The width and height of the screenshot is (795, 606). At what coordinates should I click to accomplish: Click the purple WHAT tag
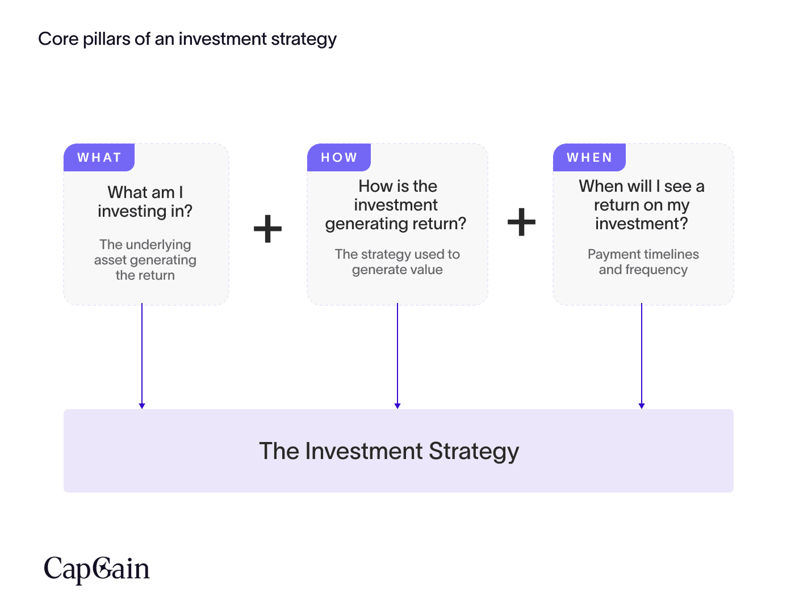click(99, 157)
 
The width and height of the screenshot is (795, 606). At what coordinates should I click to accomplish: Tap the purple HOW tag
click(338, 157)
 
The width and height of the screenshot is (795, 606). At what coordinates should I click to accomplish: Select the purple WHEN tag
click(589, 157)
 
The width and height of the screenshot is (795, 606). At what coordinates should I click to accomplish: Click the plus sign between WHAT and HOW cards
click(267, 229)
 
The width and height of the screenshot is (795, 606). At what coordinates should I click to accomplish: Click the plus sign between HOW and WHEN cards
click(521, 222)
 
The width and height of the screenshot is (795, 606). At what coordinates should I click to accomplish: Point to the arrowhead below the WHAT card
click(142, 406)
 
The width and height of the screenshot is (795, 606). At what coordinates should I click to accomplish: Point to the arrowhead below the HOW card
click(397, 406)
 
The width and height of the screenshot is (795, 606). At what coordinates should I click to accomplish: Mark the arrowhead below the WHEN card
click(642, 406)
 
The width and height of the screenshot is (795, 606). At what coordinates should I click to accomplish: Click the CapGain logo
click(97, 569)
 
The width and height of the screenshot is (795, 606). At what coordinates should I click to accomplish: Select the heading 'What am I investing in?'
click(145, 201)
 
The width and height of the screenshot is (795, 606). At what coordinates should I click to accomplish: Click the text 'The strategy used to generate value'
click(397, 262)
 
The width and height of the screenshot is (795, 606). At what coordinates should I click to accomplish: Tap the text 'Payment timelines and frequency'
click(643, 262)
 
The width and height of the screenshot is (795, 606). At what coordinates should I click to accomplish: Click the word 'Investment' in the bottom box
click(364, 451)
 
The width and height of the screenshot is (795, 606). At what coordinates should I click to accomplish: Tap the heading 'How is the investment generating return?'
click(396, 205)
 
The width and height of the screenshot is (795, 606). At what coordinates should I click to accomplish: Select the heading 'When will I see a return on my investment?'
click(642, 205)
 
